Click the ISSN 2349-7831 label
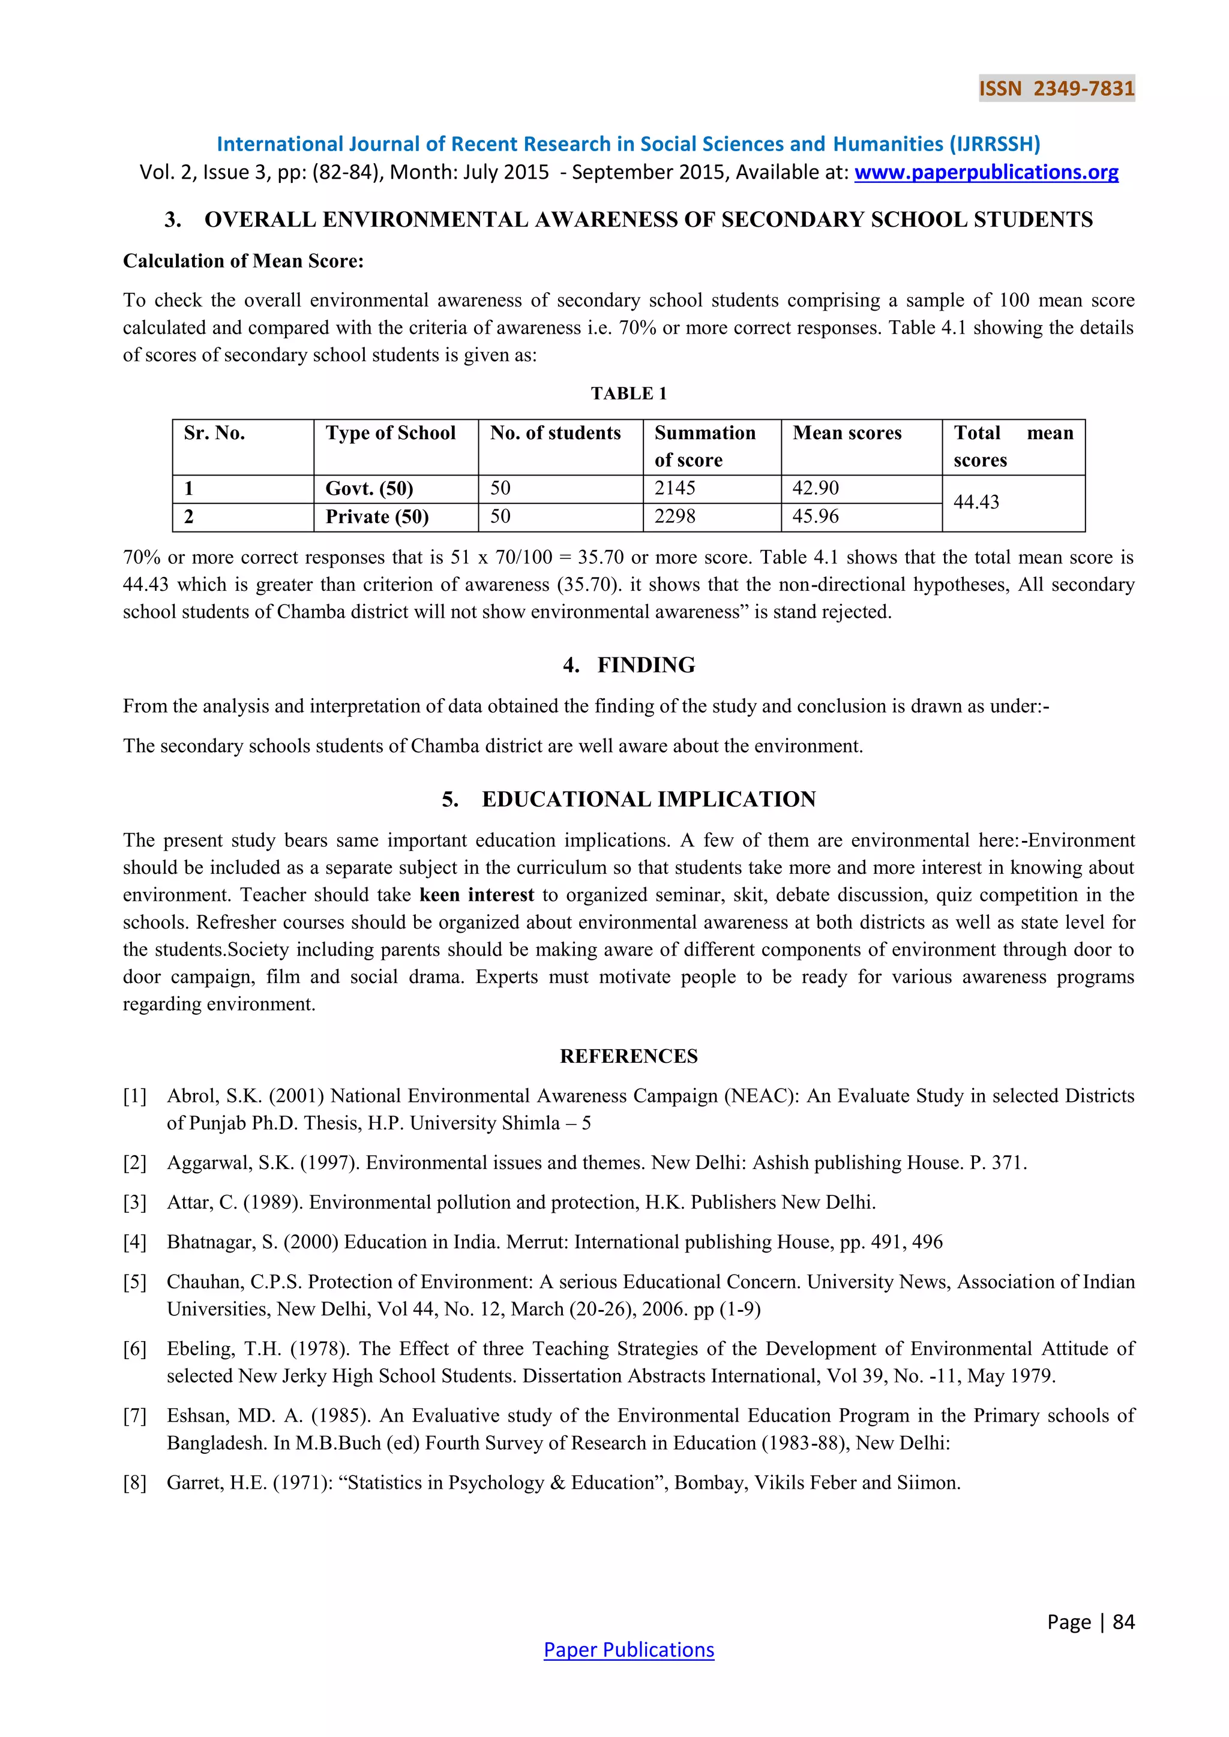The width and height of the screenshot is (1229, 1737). [1056, 89]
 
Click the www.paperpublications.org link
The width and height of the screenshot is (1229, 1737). [986, 173]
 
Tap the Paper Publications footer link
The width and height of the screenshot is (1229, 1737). [628, 1649]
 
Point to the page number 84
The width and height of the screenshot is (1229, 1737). [1124, 1621]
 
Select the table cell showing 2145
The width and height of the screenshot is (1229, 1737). [675, 489]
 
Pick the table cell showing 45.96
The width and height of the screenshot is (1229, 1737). [815, 516]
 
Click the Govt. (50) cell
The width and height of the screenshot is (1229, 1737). [369, 489]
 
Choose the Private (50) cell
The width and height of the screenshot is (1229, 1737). [377, 516]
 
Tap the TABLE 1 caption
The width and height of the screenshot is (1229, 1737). [628, 393]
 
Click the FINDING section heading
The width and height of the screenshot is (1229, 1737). [646, 665]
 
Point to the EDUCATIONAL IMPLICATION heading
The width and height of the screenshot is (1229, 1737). [649, 800]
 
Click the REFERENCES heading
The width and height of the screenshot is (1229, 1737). [628, 1056]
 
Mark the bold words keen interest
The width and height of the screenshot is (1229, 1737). [476, 895]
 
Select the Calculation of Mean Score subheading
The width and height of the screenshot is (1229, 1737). [243, 261]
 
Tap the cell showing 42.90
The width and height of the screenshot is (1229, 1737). [815, 489]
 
